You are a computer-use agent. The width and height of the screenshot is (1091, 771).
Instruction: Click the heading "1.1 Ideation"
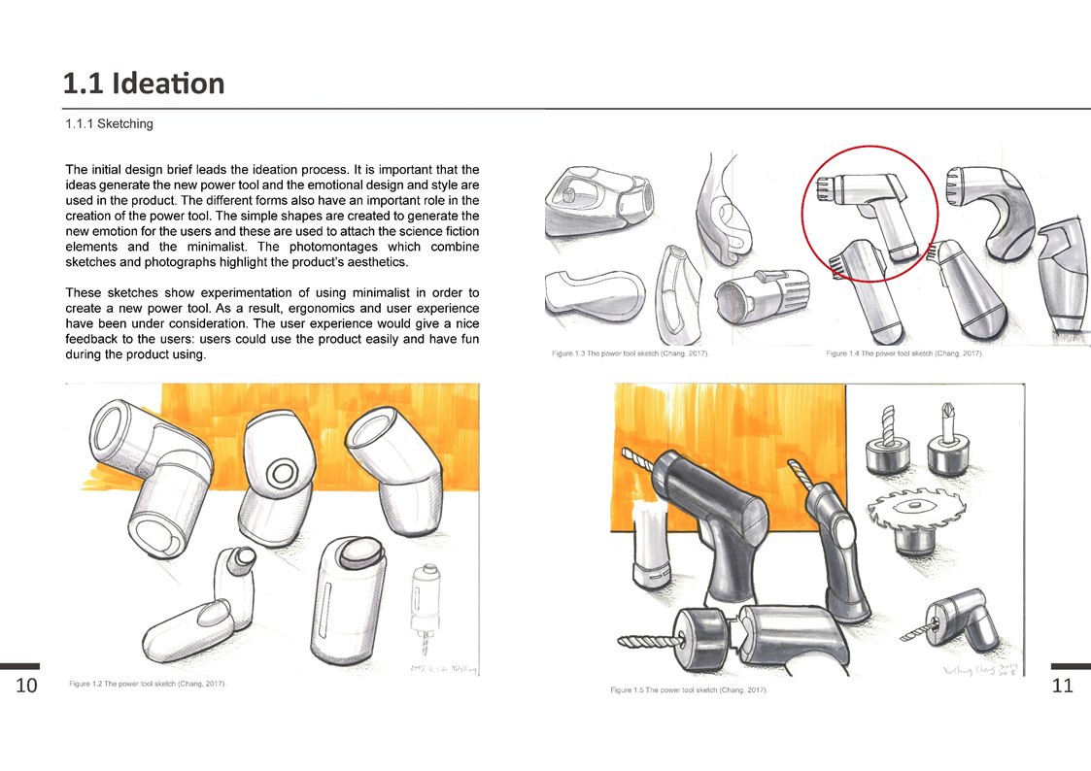pyautogui.click(x=144, y=84)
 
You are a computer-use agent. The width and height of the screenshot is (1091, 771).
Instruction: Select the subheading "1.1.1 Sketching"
pyautogui.click(x=109, y=124)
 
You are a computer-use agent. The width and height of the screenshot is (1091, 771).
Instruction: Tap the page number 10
pyautogui.click(x=26, y=686)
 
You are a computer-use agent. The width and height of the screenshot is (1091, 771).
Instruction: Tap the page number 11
pyautogui.click(x=1063, y=686)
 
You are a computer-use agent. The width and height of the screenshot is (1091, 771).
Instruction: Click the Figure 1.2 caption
pyautogui.click(x=148, y=685)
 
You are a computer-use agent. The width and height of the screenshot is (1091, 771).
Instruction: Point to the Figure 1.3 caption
pyautogui.click(x=630, y=354)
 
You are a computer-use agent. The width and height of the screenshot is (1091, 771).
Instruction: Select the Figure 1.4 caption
pyautogui.click(x=904, y=354)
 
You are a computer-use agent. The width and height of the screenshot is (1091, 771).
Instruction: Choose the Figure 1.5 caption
pyautogui.click(x=689, y=689)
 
